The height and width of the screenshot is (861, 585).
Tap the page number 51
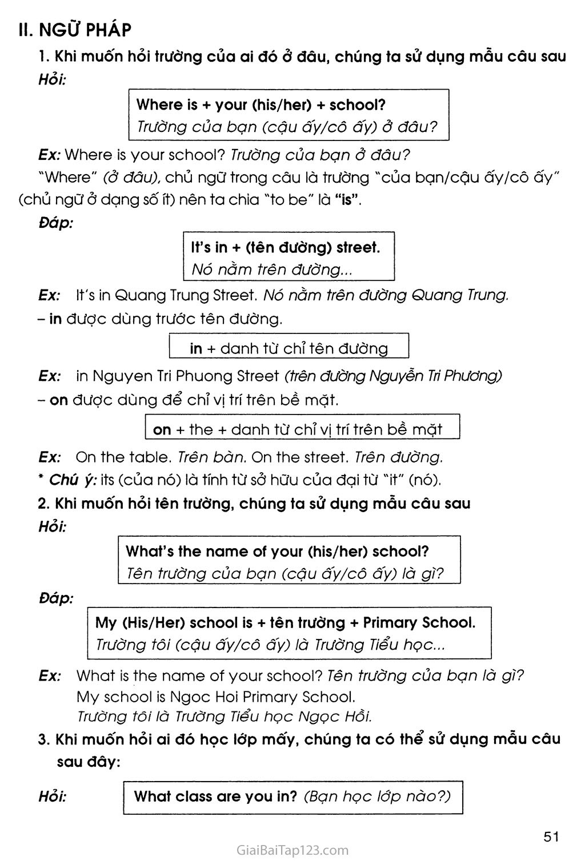pyautogui.click(x=551, y=837)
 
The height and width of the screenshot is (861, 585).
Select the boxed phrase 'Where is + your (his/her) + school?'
pyautogui.click(x=261, y=104)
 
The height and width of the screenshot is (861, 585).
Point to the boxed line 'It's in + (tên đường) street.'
pyautogui.click(x=285, y=247)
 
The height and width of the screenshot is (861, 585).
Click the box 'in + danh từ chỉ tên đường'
pyautogui.click(x=289, y=348)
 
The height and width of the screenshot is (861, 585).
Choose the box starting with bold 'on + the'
pyautogui.click(x=298, y=429)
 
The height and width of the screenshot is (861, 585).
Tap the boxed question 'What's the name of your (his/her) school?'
pyautogui.click(x=277, y=551)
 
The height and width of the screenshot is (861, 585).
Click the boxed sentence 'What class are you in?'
pyautogui.click(x=215, y=796)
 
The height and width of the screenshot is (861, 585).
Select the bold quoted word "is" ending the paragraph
pyautogui.click(x=346, y=200)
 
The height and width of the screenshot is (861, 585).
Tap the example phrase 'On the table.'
pyautogui.click(x=124, y=457)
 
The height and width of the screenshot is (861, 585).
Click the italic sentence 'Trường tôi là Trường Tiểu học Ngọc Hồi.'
pyautogui.click(x=224, y=717)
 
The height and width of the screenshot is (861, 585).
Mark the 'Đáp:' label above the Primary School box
pyautogui.click(x=56, y=598)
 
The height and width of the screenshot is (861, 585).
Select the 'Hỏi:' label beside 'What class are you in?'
pyautogui.click(x=53, y=796)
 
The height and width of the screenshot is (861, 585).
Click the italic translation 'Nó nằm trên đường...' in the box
pyautogui.click(x=272, y=269)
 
